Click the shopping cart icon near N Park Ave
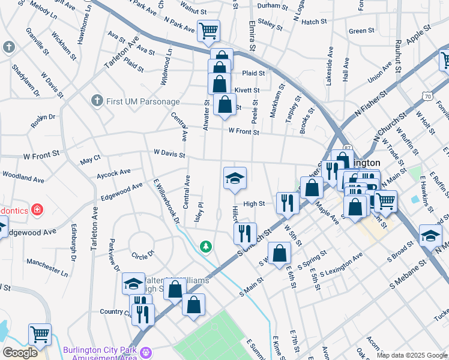click(x=208, y=31)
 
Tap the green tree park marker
click(x=206, y=247)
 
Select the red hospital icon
click(x=37, y=209)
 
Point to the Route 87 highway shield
click(x=348, y=148)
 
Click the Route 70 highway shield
click(x=426, y=96)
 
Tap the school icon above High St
click(x=235, y=178)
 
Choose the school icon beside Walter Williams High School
click(x=133, y=283)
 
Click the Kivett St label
click(x=247, y=90)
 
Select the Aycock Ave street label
click(x=113, y=173)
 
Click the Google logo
click(x=20, y=352)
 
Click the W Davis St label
click(x=169, y=154)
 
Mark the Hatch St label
click(x=314, y=22)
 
